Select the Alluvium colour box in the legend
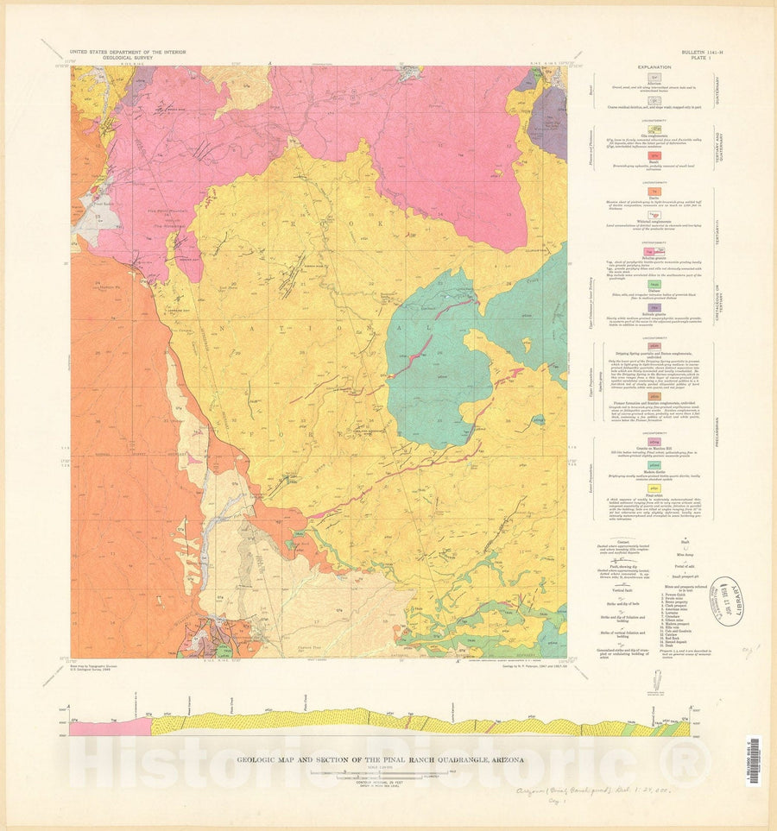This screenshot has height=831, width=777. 654,78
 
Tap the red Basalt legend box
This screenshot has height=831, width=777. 654,155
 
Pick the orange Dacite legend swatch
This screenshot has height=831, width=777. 654,193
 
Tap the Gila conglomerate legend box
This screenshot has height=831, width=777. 654,126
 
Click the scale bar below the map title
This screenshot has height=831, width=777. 380,775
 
